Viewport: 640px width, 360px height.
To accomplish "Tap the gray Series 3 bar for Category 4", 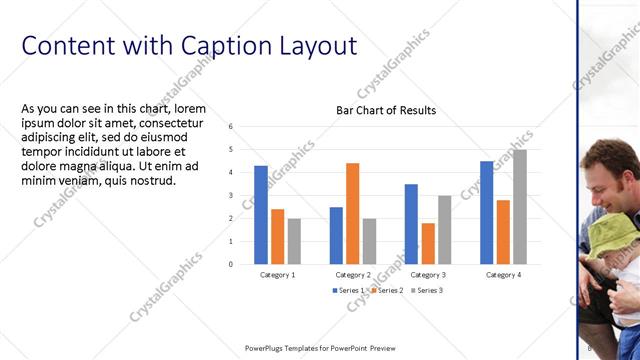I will [519, 206].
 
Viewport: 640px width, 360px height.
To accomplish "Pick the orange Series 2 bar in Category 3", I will [428, 243].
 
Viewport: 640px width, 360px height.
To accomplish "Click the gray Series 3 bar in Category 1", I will [294, 241].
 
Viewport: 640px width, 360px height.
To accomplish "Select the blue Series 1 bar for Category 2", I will [336, 235].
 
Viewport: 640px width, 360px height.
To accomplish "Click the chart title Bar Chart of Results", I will [385, 110].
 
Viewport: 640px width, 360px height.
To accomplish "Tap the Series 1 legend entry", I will [349, 290].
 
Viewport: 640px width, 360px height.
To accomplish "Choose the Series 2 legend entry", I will [387, 290].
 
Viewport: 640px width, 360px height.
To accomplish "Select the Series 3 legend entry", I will [425, 290].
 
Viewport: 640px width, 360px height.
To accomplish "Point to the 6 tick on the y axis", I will [230, 127].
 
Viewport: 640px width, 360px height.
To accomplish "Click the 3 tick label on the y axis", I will [230, 195].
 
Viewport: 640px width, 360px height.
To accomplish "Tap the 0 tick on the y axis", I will [230, 264].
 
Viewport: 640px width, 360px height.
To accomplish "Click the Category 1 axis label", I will [277, 274].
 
